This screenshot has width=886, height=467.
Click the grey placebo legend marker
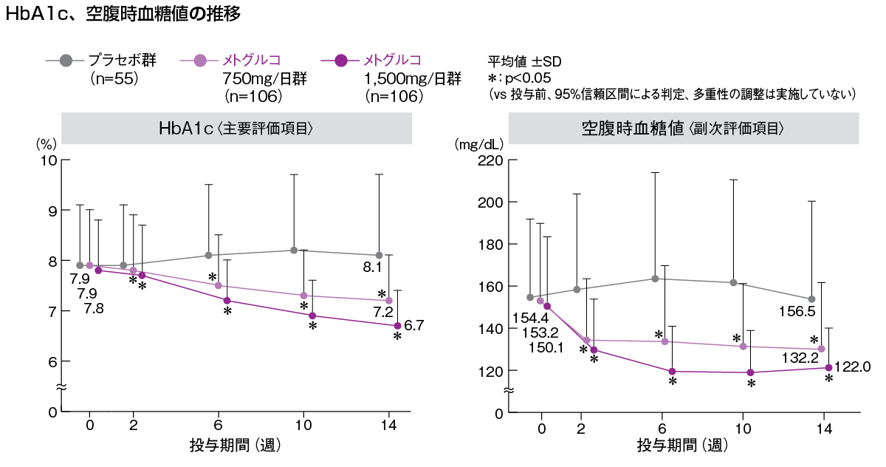coord(65,60)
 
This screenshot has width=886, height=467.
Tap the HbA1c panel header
coord(236,128)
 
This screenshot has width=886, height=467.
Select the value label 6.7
coord(414,324)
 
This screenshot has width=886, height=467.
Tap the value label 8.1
coord(372,267)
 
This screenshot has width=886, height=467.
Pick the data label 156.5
coord(797,311)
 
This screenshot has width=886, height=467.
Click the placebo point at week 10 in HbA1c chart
coord(294,250)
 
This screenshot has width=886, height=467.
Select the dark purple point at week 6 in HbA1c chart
coord(227,301)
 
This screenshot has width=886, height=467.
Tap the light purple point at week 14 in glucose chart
coord(821,349)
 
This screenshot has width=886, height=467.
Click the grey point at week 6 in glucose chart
coord(655,279)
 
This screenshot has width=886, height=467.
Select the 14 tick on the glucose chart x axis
coord(823,428)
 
